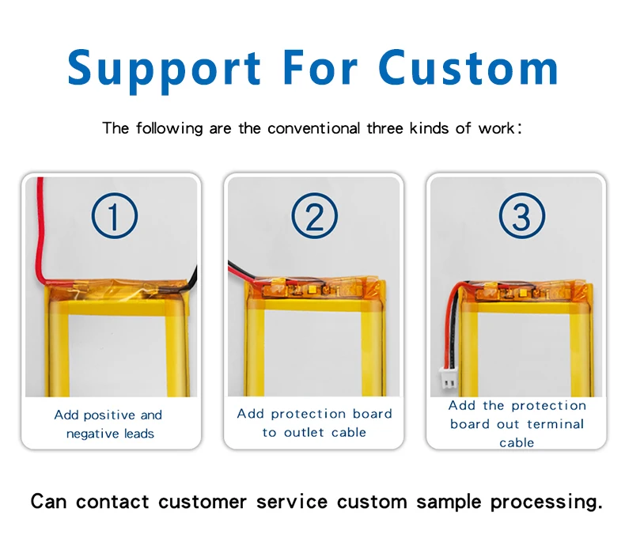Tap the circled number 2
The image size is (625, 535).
(315, 216)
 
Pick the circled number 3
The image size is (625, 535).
(521, 216)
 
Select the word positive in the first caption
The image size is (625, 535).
(108, 415)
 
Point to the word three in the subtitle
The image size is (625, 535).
(384, 128)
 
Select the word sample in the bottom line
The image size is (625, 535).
(448, 502)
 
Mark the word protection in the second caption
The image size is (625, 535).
(309, 414)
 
